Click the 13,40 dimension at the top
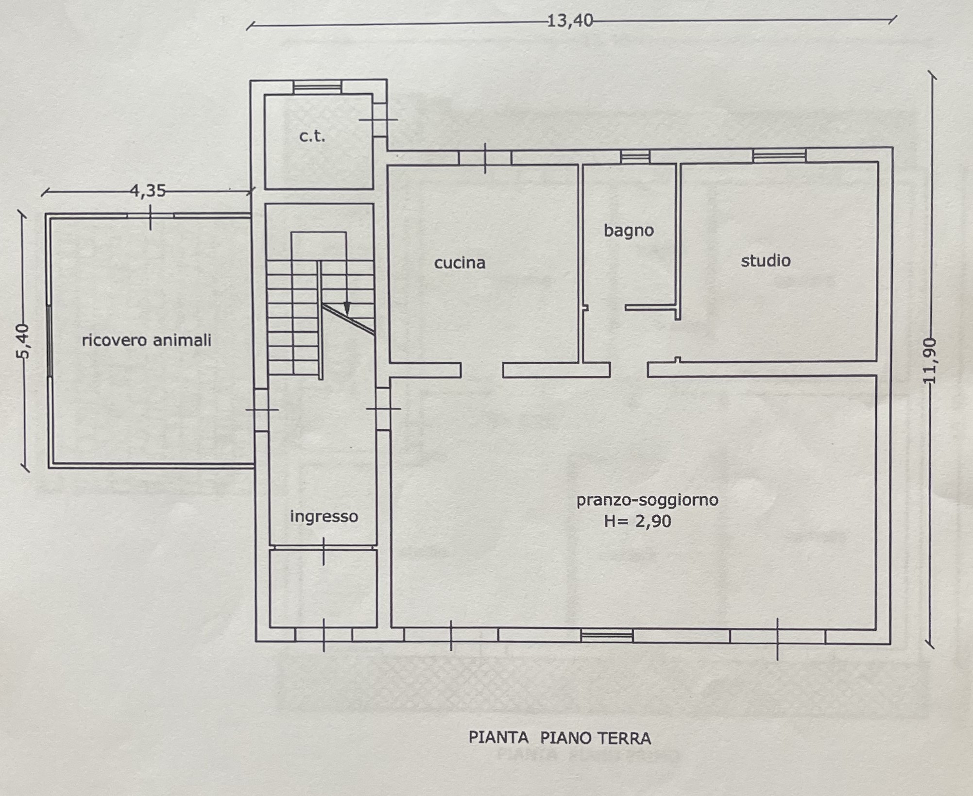tap(570, 21)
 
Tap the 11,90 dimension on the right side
tap(929, 361)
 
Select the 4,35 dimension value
tap(148, 191)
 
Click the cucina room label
tap(460, 263)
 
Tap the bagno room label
tap(629, 230)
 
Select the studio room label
tap(766, 261)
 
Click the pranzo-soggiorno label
tap(647, 500)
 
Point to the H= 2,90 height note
tap(637, 521)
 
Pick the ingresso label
tap(324, 516)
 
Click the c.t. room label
tap(312, 136)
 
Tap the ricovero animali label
tap(146, 340)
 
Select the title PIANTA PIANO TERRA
tap(560, 738)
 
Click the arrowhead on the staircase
tap(347, 308)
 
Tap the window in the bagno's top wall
tap(635, 157)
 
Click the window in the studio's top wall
tap(779, 155)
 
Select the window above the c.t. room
tap(318, 87)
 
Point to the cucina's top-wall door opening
tap(485, 158)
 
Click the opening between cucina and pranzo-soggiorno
tap(482, 370)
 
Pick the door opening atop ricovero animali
tap(151, 216)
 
